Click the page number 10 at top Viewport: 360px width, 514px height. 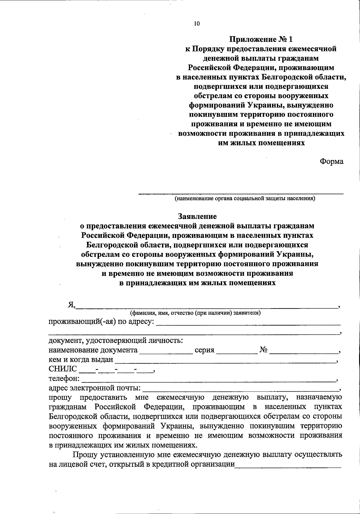pyautogui.click(x=197, y=24)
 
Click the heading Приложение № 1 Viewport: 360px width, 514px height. pyautogui.click(x=260, y=39)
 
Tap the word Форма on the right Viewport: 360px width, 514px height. pyautogui.click(x=331, y=161)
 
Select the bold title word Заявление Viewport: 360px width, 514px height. pyautogui.click(x=197, y=216)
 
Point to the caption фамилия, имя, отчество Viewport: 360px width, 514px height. pyautogui.click(x=195, y=313)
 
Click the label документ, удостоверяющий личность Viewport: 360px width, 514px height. pyautogui.click(x=116, y=341)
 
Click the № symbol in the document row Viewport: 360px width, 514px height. pyautogui.click(x=263, y=350)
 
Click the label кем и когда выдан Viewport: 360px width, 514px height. pyautogui.click(x=81, y=359)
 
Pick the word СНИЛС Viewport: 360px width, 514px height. pyautogui.click(x=63, y=369)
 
